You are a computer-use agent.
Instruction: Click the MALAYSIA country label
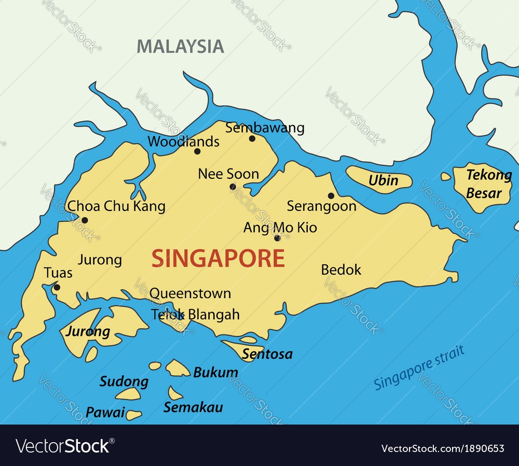pyautogui.click(x=180, y=46)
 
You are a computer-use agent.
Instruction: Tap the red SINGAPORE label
pyautogui.click(x=218, y=258)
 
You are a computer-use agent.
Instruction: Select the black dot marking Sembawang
pyautogui.click(x=252, y=138)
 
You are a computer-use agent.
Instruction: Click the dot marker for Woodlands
pyautogui.click(x=197, y=151)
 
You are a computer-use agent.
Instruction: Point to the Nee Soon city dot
pyautogui.click(x=233, y=187)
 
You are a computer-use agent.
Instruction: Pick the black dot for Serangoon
pyautogui.click(x=331, y=195)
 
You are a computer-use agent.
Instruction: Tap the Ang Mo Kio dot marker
pyautogui.click(x=277, y=238)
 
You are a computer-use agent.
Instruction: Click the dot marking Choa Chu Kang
pyautogui.click(x=85, y=220)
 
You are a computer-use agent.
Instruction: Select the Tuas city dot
pyautogui.click(x=57, y=287)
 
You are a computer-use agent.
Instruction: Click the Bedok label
pyautogui.click(x=341, y=270)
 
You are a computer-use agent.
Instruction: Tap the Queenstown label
pyautogui.click(x=190, y=293)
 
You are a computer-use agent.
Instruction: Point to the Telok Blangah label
pyautogui.click(x=195, y=314)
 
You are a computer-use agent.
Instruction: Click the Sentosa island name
pyautogui.click(x=267, y=355)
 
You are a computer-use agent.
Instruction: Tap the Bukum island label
pyautogui.click(x=215, y=372)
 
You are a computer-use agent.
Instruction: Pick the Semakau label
pyautogui.click(x=193, y=407)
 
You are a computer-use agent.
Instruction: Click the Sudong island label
pyautogui.click(x=124, y=382)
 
